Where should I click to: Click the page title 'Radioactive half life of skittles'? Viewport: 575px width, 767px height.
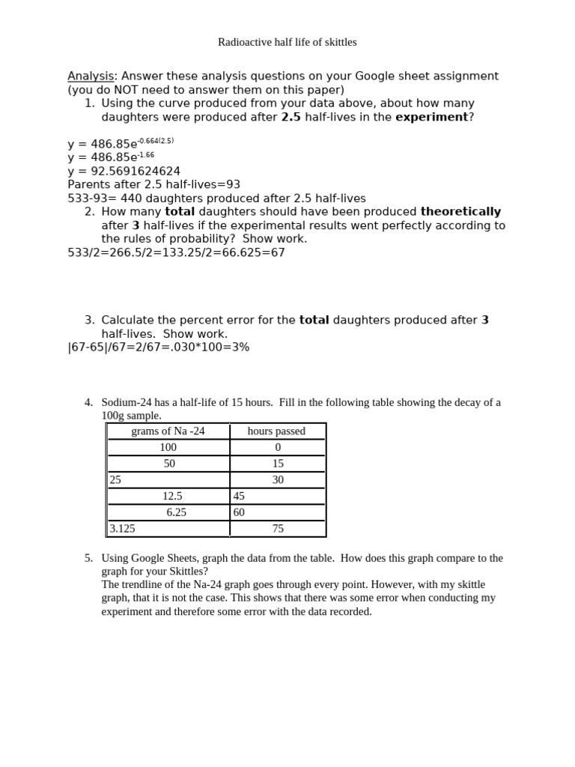(287, 43)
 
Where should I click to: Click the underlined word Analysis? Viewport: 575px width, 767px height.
(90, 76)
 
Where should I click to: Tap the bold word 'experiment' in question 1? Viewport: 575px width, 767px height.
(431, 117)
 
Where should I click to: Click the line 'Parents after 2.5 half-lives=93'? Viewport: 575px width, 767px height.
(153, 184)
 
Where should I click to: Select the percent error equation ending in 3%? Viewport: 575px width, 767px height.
(158, 348)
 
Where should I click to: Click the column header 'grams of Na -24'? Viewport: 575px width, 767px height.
(168, 431)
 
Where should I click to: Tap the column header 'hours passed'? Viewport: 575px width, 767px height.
(276, 431)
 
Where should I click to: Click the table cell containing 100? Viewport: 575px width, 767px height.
(168, 447)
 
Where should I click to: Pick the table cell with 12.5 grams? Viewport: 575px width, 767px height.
(172, 496)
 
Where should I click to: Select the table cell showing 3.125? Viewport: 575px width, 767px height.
(123, 529)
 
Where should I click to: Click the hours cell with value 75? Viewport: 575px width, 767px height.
(278, 529)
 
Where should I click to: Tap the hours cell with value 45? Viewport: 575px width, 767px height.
(240, 496)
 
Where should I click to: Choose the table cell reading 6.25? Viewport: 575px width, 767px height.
(176, 512)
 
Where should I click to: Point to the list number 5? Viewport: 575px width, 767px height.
(88, 558)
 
